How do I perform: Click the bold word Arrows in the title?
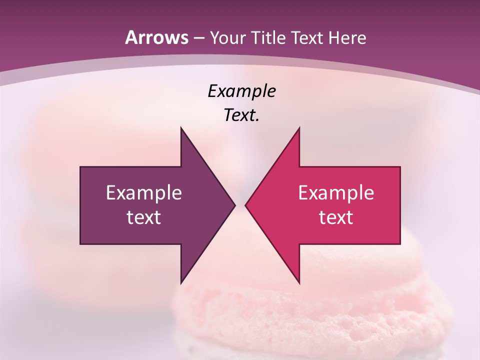pos(156,37)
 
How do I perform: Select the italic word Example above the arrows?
pos(241,91)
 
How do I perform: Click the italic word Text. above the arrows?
pos(241,115)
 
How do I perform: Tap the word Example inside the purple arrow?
pos(144,192)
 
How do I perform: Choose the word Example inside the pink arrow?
pos(336,192)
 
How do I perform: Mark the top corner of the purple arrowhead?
pos(181,128)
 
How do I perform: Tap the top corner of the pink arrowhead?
pos(299,128)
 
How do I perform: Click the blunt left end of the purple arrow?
pos(81,205)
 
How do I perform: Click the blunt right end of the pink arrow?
pos(399,205)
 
